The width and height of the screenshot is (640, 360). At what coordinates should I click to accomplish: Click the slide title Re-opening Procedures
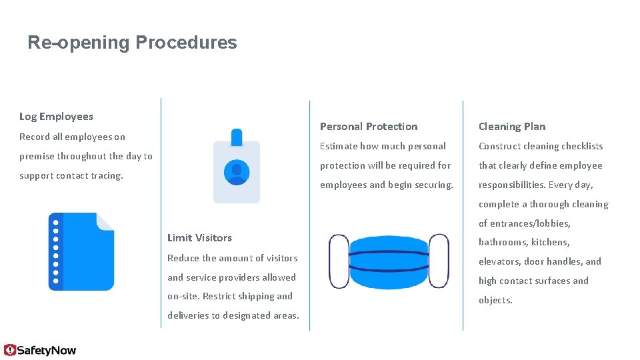(x=132, y=43)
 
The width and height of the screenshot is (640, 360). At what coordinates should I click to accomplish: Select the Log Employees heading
(x=56, y=117)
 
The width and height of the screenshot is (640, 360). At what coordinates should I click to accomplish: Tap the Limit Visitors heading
(x=199, y=238)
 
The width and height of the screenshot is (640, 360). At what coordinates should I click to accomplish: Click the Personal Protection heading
(x=369, y=127)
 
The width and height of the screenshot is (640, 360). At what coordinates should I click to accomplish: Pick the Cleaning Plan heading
(x=512, y=127)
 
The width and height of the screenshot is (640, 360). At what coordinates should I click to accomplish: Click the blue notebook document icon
(x=81, y=251)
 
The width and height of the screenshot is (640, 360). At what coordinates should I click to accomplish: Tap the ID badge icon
(x=237, y=167)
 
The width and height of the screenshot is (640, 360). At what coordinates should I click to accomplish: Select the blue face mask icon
(x=389, y=261)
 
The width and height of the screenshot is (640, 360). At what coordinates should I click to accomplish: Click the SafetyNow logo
(x=40, y=350)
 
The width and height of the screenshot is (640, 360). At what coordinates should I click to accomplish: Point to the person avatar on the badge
(x=237, y=172)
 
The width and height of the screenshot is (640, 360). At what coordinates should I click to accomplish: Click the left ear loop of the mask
(x=339, y=261)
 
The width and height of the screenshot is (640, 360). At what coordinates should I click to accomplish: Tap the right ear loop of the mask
(x=439, y=261)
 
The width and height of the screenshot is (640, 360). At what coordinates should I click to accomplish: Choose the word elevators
(x=499, y=262)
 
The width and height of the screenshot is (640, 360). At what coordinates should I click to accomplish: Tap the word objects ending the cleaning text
(x=495, y=301)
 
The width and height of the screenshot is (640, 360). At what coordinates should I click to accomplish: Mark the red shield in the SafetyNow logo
(x=10, y=350)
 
